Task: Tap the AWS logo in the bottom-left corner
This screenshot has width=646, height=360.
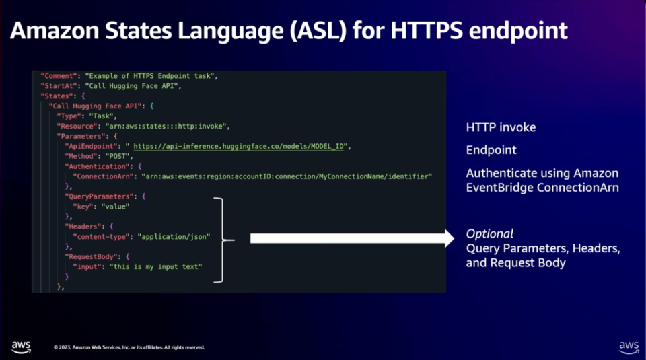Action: pos(21,346)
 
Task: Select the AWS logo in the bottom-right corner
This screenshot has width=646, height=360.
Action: pos(629,346)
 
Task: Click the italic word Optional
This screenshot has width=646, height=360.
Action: pos(490,234)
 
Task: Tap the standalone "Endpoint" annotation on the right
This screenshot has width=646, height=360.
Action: pos(491,150)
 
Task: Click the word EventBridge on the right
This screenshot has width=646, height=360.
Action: pos(499,188)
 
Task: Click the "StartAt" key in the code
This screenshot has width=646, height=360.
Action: pos(59,85)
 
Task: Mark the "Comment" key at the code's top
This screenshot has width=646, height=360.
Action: pos(59,75)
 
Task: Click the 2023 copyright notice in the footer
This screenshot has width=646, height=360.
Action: pos(129,347)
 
